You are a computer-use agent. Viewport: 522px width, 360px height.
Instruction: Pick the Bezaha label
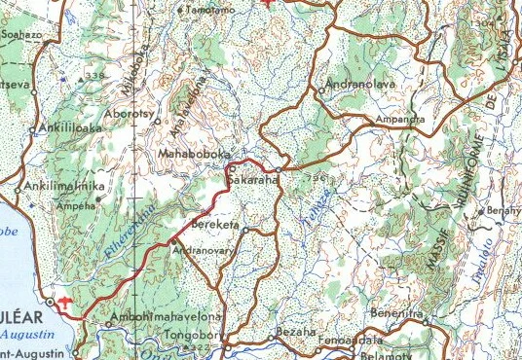pos(296,333)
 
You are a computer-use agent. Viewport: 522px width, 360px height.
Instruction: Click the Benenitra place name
pos(397,315)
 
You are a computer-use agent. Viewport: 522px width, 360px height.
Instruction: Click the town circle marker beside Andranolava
pos(321,90)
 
